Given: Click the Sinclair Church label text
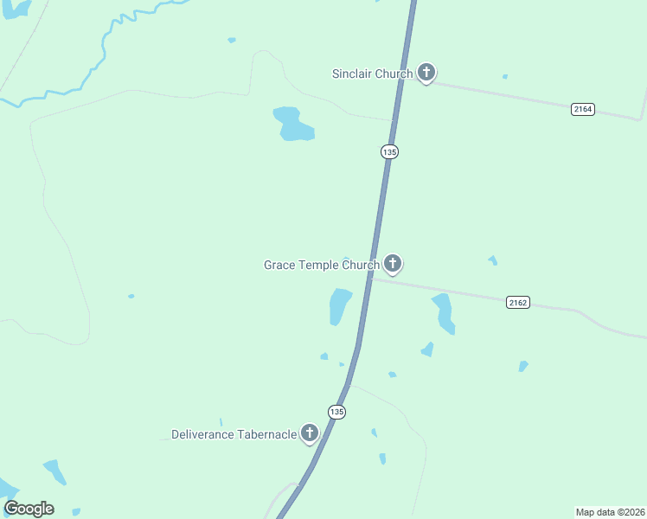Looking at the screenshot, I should (372, 74).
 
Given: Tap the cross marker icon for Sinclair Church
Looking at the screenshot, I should (426, 73).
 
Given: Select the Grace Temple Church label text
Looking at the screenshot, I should (321, 265).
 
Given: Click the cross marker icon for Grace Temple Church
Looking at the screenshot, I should (393, 263).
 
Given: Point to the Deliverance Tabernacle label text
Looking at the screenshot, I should (234, 434).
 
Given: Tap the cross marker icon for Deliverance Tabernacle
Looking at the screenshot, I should (310, 433).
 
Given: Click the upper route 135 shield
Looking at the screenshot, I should (389, 151).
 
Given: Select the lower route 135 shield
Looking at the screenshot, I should (336, 412).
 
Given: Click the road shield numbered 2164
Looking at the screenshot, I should (583, 109).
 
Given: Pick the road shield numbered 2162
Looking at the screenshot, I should (518, 302).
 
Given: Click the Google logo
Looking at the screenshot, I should (29, 509).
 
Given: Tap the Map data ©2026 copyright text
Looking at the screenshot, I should (610, 511).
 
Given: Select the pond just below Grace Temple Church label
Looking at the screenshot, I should (339, 305).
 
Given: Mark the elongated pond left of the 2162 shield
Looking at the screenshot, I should (444, 312).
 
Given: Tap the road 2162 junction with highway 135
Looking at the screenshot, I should (370, 278).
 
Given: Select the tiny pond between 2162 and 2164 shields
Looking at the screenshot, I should (492, 259).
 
